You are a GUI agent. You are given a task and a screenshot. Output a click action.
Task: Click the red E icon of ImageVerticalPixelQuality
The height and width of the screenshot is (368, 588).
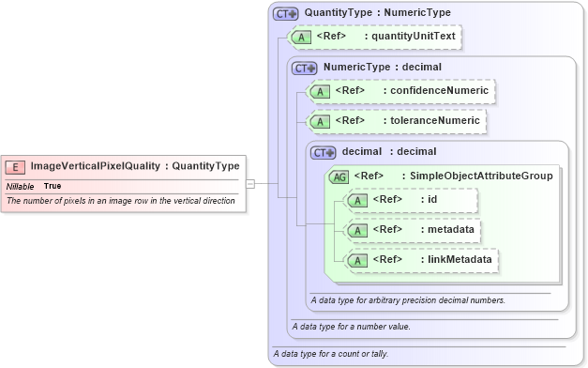[x=15, y=167]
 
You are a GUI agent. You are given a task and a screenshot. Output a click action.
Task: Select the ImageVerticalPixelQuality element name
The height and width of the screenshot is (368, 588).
[x=95, y=167]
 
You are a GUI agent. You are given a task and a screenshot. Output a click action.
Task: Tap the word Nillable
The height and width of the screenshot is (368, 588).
[x=21, y=186]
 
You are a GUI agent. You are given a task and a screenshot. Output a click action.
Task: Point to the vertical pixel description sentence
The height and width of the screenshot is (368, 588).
[x=120, y=201]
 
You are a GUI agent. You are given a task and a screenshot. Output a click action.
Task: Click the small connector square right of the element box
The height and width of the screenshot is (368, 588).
[x=250, y=184]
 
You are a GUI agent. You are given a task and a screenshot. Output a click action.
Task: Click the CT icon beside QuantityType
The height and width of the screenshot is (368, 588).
[x=285, y=14]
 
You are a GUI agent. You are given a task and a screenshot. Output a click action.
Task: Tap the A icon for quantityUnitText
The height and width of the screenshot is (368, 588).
[x=302, y=37]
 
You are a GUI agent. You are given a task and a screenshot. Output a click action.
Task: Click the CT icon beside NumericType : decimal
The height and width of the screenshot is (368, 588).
[x=306, y=68]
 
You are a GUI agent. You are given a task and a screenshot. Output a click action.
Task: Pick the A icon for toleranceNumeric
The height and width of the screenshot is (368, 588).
[x=321, y=121]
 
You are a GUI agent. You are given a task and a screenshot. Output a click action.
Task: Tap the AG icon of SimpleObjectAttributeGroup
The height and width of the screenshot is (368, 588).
[x=339, y=176]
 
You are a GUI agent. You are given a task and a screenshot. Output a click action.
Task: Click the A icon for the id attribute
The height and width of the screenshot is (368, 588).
[x=358, y=200]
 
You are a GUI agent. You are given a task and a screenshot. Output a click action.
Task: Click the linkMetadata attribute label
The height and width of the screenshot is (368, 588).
[x=460, y=258]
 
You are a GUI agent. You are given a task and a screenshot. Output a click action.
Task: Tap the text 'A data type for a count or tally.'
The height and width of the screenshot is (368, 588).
[x=330, y=354]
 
